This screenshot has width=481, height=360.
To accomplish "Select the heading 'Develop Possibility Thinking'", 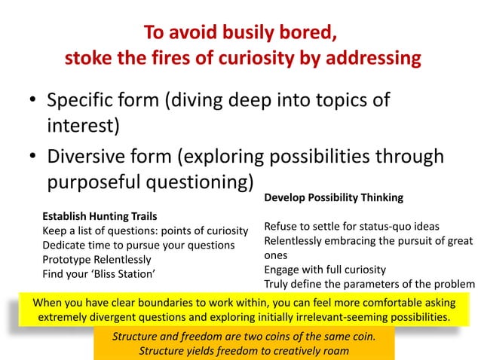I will pos(333,197).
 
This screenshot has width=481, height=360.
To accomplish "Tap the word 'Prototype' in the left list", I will pos(66,258).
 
